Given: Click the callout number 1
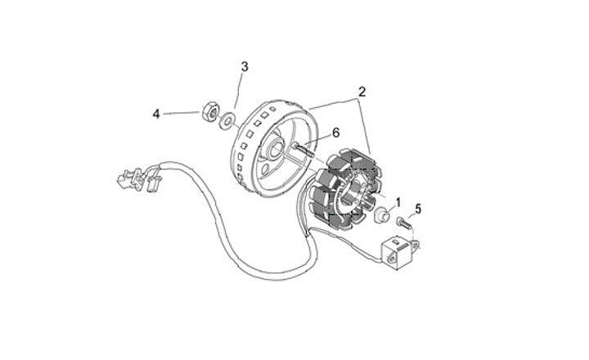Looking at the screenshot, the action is (398, 201).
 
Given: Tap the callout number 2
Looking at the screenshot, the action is (361, 92).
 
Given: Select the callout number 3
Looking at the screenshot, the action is (243, 66).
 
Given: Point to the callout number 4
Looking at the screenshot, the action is (155, 114).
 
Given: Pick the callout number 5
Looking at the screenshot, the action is (417, 209).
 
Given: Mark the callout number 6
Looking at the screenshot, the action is (335, 132).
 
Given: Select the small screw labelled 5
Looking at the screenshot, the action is (402, 222).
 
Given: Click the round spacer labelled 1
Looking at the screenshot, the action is (380, 217).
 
